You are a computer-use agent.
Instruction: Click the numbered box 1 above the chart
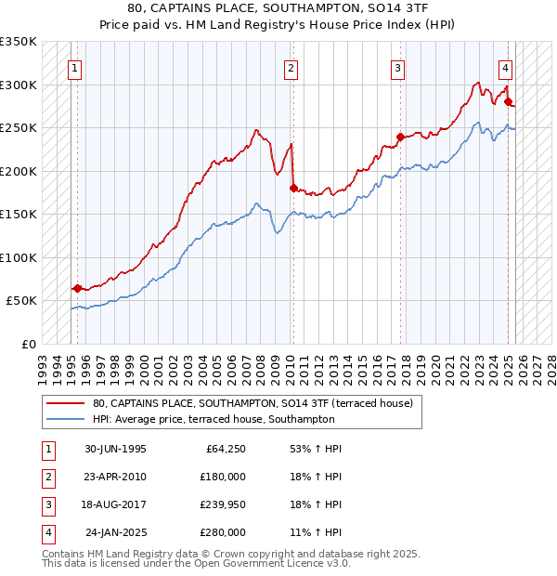[x=73, y=68]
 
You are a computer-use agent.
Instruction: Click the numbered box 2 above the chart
[x=291, y=68]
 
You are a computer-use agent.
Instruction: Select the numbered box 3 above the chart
[x=397, y=68]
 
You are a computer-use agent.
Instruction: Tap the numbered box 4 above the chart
[x=505, y=68]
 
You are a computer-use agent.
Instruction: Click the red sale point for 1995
[x=77, y=288]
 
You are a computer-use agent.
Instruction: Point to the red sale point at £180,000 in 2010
[x=293, y=189]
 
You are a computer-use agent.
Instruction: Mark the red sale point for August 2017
[x=400, y=137]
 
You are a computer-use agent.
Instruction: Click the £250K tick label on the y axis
[x=19, y=127]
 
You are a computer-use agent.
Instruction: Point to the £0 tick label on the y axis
[x=28, y=344]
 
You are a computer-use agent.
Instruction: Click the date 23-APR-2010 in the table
[x=115, y=476]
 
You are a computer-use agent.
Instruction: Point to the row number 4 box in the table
[x=46, y=533]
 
